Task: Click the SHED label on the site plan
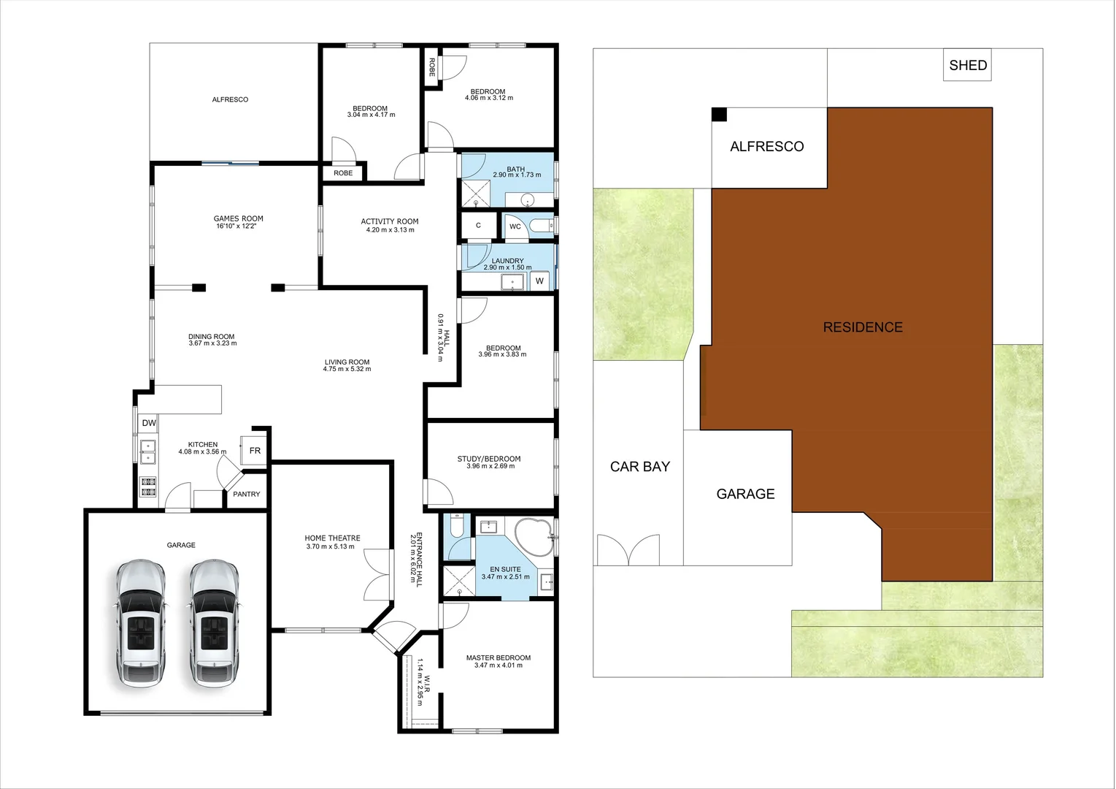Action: [x=968, y=65]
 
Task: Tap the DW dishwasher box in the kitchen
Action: [x=149, y=423]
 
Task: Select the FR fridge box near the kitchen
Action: [x=255, y=451]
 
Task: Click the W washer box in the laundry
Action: [x=540, y=281]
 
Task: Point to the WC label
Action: [x=515, y=226]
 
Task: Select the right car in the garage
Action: [x=214, y=622]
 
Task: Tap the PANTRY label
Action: [x=247, y=495]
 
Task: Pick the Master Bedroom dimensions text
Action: [x=499, y=666]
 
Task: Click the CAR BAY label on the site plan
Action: [x=640, y=467]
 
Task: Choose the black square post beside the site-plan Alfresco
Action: [x=720, y=115]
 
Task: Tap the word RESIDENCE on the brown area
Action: [x=863, y=327]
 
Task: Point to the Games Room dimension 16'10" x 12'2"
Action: [x=239, y=226]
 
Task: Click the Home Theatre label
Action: [x=333, y=538]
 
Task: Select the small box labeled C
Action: [x=478, y=225]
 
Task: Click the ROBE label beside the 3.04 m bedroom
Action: [x=343, y=173]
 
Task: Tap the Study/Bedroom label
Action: [x=489, y=459]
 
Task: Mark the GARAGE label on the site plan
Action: [x=745, y=494]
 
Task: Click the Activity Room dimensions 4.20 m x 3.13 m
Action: [x=390, y=230]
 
